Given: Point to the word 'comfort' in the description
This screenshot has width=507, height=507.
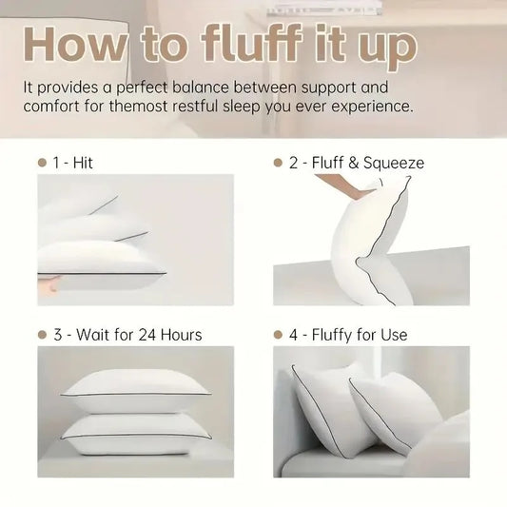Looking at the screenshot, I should point(56,107).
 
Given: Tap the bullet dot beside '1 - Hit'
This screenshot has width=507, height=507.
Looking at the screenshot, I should point(42,163).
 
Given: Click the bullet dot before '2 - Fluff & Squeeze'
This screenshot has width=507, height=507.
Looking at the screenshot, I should point(279,163).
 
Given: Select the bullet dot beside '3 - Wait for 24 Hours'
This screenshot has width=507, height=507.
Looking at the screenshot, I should point(42,335).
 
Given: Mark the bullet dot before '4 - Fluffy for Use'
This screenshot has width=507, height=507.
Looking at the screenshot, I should point(279,335).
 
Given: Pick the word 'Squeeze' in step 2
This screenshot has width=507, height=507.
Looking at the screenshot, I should point(394,163).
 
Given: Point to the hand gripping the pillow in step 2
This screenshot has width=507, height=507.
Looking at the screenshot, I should point(360,189).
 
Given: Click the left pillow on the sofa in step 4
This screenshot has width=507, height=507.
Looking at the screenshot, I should point(328,407).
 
